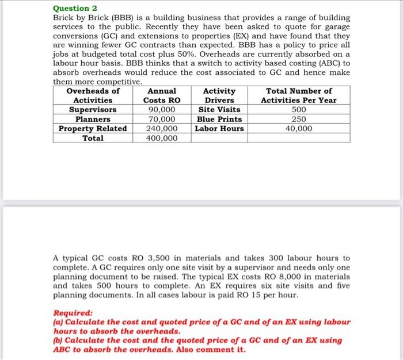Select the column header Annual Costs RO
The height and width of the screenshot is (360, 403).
tap(162, 95)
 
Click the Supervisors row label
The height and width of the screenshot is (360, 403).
tap(93, 110)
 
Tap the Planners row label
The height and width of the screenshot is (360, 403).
tap(93, 119)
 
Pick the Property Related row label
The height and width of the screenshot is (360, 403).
tap(93, 129)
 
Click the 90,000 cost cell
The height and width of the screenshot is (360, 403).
tap(162, 110)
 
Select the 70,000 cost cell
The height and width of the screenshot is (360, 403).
tap(162, 119)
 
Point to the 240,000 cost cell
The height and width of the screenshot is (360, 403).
tap(162, 129)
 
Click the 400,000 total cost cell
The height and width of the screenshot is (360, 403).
tap(162, 138)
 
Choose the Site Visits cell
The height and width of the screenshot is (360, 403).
tap(219, 110)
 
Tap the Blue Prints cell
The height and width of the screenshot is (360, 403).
tap(219, 119)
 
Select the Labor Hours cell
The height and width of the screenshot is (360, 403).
tap(219, 129)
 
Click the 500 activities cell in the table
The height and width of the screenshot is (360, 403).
tap(299, 110)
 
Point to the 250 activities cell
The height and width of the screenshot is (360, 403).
tap(299, 119)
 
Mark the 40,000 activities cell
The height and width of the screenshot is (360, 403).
tap(299, 129)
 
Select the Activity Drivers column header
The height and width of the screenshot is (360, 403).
tap(219, 95)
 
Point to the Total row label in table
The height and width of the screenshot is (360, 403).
tap(93, 138)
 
